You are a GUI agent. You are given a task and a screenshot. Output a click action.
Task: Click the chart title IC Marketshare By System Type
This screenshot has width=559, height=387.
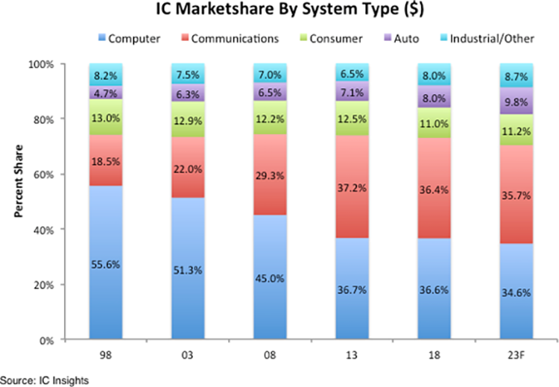[x=279, y=11]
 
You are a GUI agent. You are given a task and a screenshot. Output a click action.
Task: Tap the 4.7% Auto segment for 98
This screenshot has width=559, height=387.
[x=106, y=93]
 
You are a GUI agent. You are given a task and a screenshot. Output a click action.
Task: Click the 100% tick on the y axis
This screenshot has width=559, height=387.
[x=43, y=64]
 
